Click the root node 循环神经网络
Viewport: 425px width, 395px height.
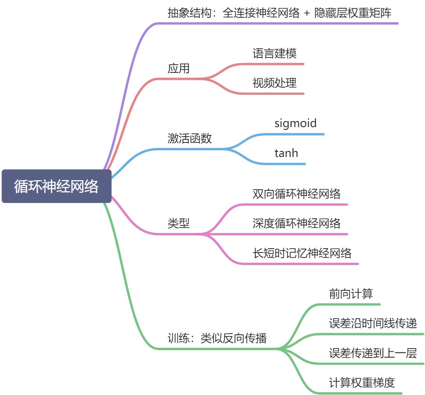57,186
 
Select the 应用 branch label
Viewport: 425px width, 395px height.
179,68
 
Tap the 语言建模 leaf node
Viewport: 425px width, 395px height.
275,54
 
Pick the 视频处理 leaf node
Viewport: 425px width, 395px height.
275,83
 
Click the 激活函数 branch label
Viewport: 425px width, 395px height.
190,138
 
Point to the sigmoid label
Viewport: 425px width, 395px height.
295,123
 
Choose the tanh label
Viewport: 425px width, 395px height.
286,153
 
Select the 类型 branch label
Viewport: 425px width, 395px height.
179,223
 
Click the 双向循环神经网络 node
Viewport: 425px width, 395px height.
297,194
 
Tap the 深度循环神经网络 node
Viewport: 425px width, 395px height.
297,223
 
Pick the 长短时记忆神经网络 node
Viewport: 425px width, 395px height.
302,253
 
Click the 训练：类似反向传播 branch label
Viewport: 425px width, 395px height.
217,338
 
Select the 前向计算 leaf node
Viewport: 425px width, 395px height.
351,294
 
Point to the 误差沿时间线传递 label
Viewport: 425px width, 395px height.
373,323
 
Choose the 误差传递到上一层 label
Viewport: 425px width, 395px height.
373,353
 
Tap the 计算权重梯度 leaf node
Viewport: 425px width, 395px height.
362,382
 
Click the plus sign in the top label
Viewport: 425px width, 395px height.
307,13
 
